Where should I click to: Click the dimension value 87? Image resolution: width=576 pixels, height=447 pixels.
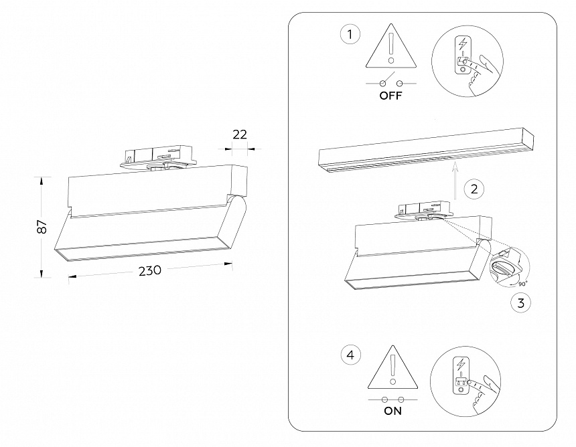point(42,227)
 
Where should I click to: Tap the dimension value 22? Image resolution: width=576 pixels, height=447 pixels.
point(239,135)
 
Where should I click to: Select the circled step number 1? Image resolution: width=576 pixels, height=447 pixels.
point(349,34)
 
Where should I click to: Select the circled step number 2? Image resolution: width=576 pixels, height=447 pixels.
point(474,189)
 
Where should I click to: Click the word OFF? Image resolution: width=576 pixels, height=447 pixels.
point(390,96)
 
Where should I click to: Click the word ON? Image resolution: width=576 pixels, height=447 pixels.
point(393,411)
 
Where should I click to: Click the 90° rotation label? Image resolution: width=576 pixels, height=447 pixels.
point(522,283)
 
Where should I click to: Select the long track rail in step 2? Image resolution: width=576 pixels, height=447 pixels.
point(427,155)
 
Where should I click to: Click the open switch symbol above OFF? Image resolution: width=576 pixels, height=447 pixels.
point(390,82)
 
